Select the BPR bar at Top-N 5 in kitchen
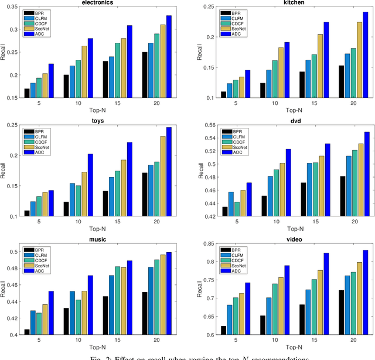223,95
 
